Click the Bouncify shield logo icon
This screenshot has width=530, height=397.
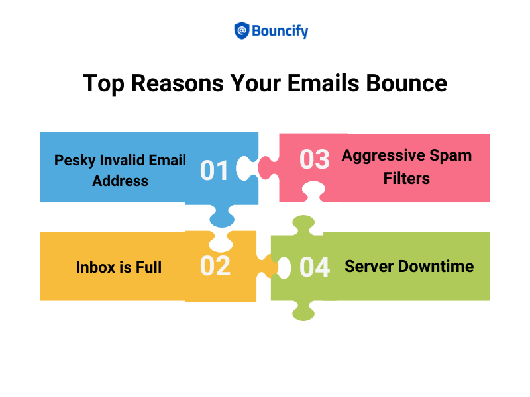(242, 30)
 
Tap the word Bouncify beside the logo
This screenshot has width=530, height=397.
(280, 30)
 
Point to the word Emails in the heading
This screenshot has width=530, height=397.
(327, 84)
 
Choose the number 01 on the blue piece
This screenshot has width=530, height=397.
(215, 171)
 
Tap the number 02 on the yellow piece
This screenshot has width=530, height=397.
(215, 266)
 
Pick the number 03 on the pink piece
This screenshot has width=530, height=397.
(315, 159)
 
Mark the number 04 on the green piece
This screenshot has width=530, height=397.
(315, 267)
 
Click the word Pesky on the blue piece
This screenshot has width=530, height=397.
(77, 160)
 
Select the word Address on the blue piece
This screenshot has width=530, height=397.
(121, 181)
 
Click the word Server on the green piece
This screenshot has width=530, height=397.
(367, 266)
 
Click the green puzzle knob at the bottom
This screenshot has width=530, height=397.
(303, 310)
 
